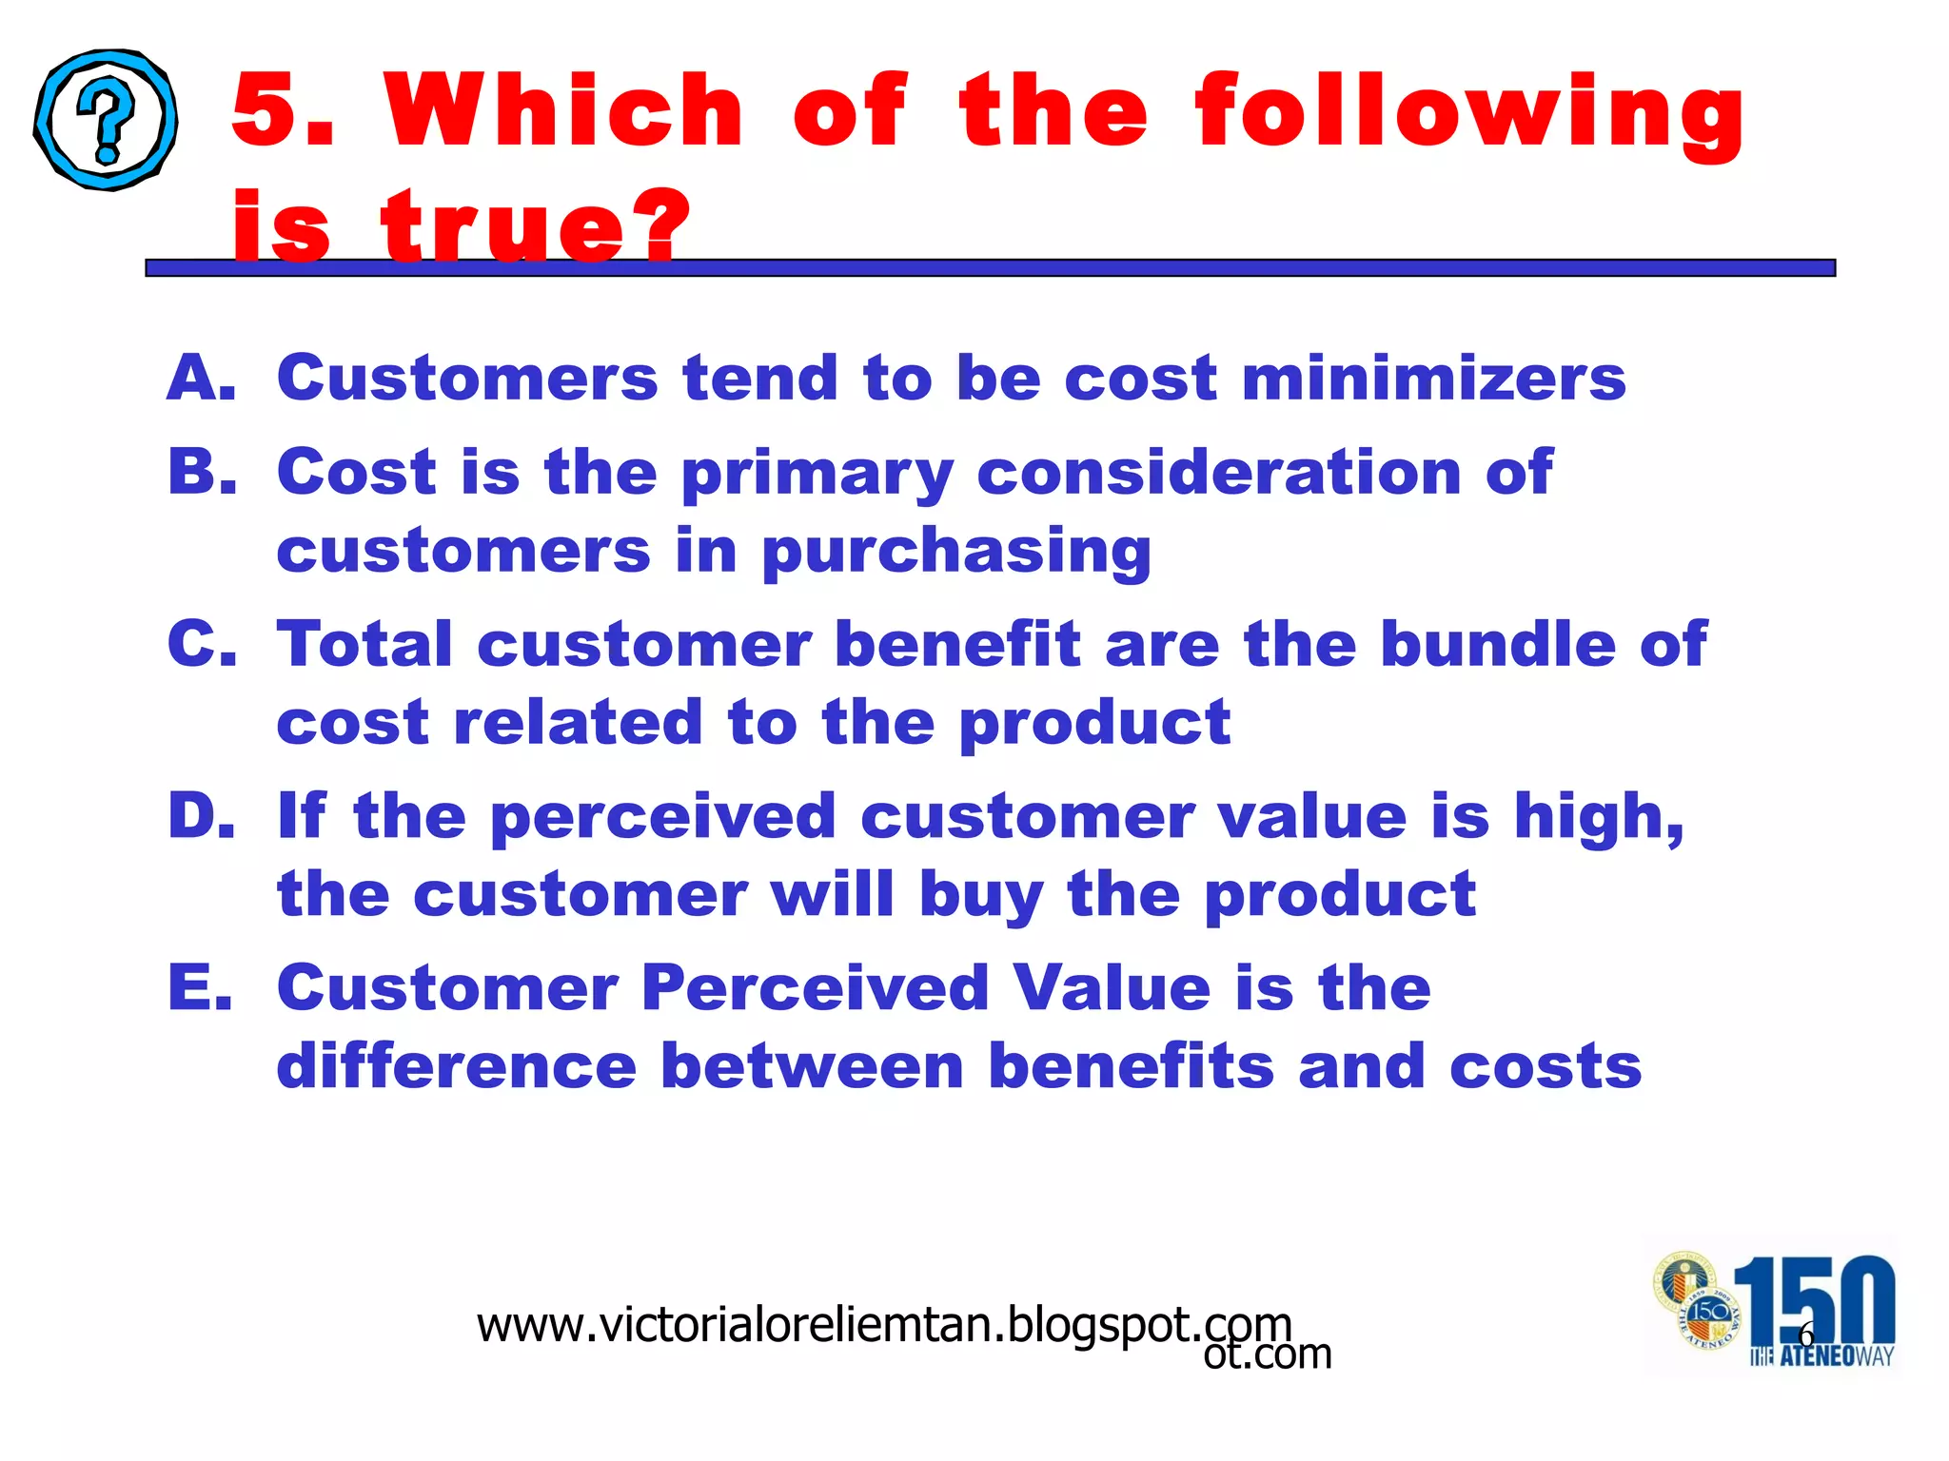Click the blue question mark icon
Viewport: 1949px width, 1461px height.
106,120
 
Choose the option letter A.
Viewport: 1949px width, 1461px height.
201,378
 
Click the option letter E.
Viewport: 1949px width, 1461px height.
201,987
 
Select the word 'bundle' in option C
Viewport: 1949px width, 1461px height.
1498,644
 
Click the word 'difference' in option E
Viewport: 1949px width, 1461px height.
456,1065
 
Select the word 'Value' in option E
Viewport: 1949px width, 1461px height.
1111,987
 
